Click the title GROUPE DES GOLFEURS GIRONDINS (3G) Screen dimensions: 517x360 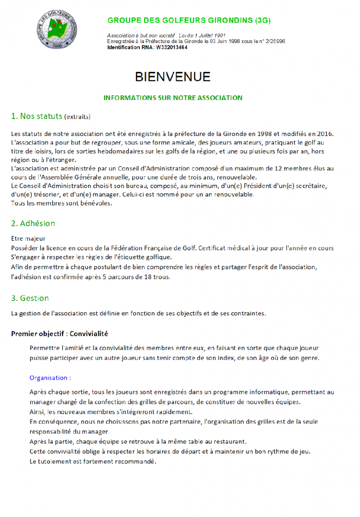(189, 21)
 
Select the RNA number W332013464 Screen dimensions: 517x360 (171, 47)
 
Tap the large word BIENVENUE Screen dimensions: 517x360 (173, 77)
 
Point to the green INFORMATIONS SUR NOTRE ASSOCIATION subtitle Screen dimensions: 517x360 (173, 98)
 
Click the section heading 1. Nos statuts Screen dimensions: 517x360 (36, 116)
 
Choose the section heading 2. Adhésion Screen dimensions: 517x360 (33, 223)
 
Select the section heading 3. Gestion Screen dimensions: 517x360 (30, 298)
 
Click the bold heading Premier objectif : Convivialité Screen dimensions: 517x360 (59, 333)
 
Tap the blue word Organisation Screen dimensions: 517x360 (48, 378)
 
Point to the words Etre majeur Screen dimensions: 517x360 (29, 238)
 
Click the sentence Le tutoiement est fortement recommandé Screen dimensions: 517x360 (93, 462)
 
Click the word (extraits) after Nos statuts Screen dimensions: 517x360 (77, 117)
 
